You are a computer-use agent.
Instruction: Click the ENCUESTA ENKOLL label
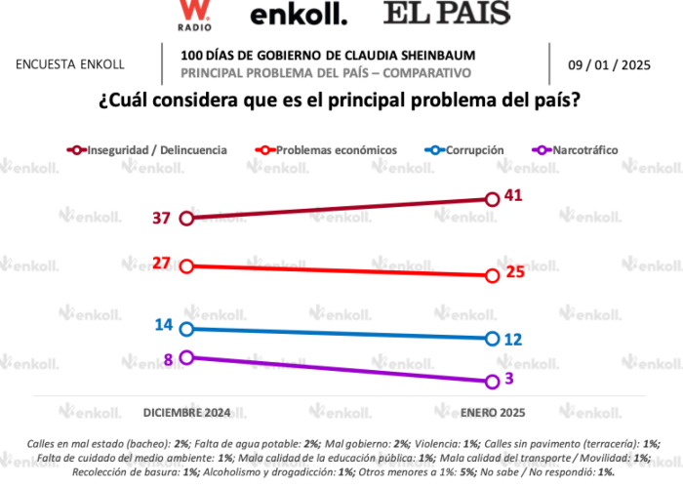pos(69,64)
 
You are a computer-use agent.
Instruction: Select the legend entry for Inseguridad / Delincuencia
pos(157,150)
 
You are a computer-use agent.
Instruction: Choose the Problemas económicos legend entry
pos(336,150)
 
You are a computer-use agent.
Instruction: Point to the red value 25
pos(514,271)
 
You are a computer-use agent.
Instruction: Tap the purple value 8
pos(169,358)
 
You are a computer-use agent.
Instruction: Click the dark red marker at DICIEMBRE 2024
pos(186,218)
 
